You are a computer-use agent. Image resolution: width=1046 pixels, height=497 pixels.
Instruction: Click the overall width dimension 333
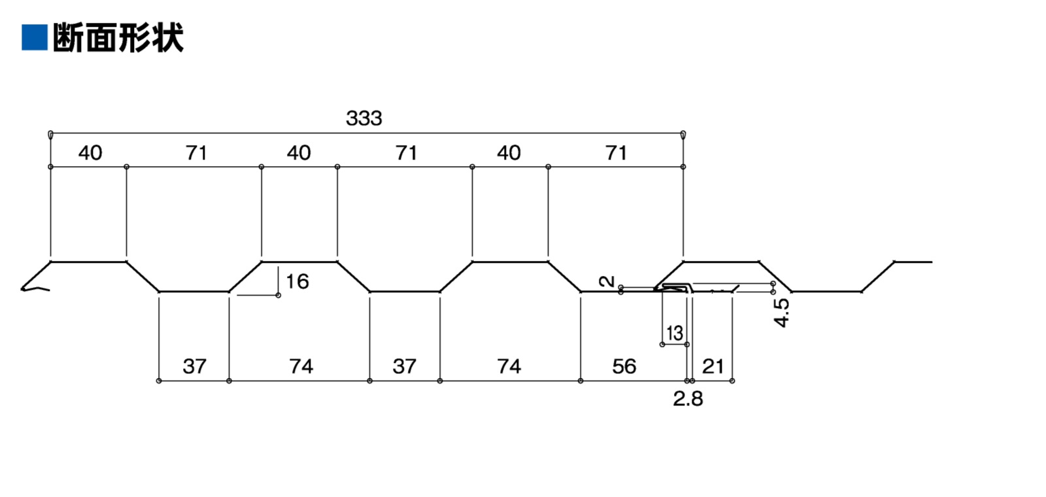point(363,118)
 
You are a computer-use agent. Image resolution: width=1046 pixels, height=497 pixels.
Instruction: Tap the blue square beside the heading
point(34,37)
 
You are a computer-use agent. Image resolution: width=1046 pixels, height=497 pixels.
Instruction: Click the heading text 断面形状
point(118,37)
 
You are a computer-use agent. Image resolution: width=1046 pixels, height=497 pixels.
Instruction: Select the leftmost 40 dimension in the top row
point(90,153)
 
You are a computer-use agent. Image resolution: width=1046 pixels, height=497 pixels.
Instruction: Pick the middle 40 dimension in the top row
point(299,153)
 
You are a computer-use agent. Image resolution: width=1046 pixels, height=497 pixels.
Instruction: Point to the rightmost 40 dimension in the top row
point(509,153)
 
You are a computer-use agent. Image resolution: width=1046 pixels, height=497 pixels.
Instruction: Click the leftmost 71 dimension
point(196,153)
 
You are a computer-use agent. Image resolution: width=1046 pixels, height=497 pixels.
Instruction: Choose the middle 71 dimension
point(406,153)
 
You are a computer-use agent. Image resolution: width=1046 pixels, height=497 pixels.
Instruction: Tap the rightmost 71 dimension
point(616,153)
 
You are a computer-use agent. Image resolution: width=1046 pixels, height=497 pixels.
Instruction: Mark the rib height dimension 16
point(297,282)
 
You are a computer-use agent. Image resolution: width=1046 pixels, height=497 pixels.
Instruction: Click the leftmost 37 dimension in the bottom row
point(194,366)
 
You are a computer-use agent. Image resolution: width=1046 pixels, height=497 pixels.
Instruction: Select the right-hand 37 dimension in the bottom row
point(404,366)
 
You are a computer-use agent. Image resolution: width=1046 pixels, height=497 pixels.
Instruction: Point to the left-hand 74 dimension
point(301,366)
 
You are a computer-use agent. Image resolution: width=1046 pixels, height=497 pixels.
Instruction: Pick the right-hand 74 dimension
point(509,366)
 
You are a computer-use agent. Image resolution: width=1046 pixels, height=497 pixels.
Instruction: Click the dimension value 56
point(624,366)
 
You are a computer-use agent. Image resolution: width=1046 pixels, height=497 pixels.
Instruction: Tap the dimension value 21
point(713,366)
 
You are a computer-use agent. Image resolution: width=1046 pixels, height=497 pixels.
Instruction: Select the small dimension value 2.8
point(688,398)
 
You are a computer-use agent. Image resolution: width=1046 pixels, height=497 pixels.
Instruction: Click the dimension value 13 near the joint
point(674,334)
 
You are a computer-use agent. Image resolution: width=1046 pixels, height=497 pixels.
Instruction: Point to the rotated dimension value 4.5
point(781,312)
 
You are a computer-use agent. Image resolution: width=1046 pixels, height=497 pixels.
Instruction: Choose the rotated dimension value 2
point(607,281)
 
